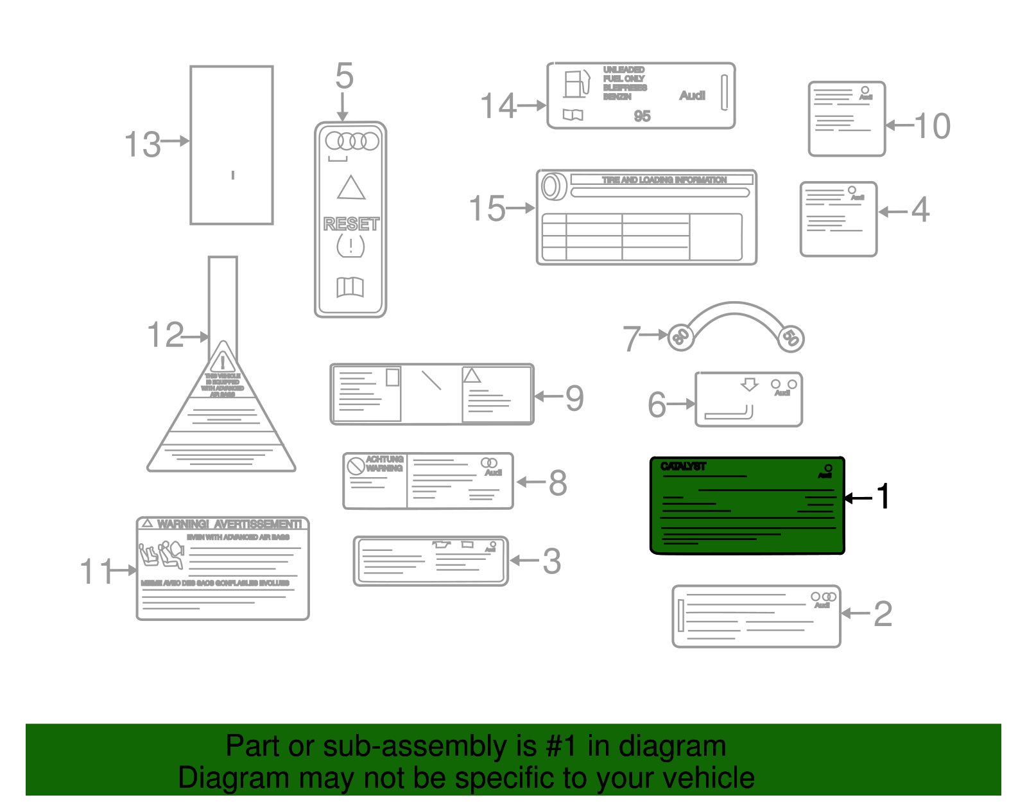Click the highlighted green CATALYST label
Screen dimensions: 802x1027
(x=747, y=505)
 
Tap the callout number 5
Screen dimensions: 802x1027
(x=344, y=76)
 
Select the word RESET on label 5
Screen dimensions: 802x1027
(x=351, y=224)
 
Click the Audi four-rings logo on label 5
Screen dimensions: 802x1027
(x=352, y=141)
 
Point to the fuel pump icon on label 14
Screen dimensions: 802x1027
(x=576, y=83)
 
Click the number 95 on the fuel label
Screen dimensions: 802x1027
(x=642, y=116)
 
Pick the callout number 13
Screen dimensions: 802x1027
(x=142, y=144)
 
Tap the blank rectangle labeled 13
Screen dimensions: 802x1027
(x=232, y=144)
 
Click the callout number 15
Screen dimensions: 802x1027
(x=487, y=209)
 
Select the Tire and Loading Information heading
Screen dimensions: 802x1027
(x=664, y=180)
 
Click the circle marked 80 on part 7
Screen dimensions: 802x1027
(x=680, y=336)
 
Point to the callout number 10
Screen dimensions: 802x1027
(x=932, y=126)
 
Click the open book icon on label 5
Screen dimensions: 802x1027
(x=350, y=287)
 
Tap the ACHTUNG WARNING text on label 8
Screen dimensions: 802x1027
(x=384, y=464)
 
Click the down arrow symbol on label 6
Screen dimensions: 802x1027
(x=749, y=385)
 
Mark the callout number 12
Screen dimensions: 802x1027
(x=166, y=335)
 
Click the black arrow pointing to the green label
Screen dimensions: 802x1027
(x=858, y=498)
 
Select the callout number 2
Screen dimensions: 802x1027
(x=883, y=614)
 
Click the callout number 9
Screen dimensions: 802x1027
(x=574, y=398)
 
